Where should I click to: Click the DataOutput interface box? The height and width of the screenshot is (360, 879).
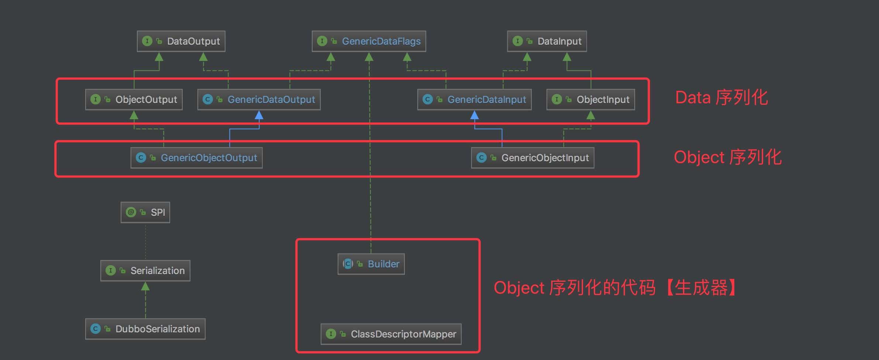coord(181,41)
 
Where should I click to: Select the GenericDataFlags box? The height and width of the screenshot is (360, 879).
coord(369,41)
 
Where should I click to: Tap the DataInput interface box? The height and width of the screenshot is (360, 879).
coord(547,41)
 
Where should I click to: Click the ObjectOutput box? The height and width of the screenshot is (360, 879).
coord(134,100)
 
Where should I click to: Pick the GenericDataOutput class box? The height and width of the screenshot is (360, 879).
coord(259,100)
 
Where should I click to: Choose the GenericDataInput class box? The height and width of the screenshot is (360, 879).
coord(474,100)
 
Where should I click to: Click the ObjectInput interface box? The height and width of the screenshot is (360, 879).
coord(590,100)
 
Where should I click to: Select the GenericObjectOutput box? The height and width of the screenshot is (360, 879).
coord(196,158)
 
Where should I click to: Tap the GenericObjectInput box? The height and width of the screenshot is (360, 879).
coord(532,158)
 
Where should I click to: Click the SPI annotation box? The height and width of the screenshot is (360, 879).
coord(145,212)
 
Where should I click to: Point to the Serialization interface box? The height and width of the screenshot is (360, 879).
coord(145,271)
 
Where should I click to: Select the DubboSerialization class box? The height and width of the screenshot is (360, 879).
coord(145,329)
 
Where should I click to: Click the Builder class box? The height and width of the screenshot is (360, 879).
coord(371,264)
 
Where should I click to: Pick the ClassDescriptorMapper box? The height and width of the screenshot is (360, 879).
coord(391,334)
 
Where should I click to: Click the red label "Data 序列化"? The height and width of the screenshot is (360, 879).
coord(721,98)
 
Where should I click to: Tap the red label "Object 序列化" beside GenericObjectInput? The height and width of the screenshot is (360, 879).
coord(727,157)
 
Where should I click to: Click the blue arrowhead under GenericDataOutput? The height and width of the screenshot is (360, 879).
coord(259,115)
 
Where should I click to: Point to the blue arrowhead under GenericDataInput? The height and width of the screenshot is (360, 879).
coord(475,115)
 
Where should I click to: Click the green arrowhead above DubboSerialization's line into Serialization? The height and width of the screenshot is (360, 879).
coord(145,286)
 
